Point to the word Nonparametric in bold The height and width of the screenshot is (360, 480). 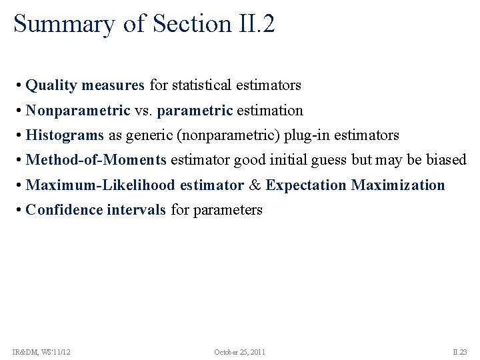78,110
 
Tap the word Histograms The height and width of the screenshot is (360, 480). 65,135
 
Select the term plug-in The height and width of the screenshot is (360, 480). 308,135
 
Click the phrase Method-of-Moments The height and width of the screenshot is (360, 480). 96,160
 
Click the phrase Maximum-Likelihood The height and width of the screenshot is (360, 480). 101,185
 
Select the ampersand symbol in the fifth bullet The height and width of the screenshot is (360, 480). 255,185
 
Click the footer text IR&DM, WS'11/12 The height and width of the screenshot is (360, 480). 41,351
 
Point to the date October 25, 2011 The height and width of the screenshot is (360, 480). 239,351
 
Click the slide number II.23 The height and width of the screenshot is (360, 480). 460,351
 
